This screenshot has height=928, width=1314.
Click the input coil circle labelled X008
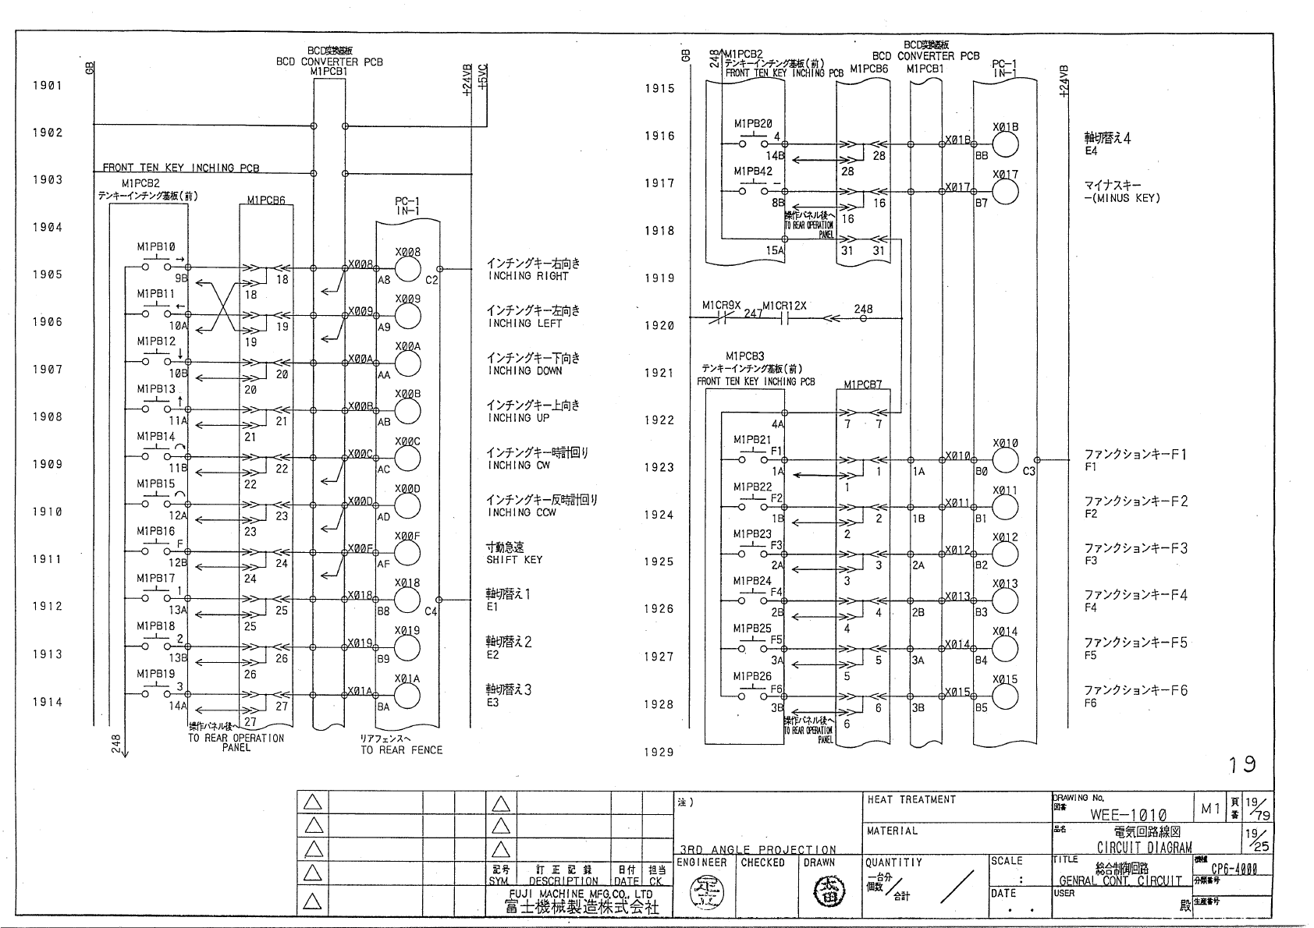407,269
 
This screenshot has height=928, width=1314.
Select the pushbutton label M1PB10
156,247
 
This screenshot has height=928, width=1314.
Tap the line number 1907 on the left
47,370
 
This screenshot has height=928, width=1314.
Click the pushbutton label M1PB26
752,676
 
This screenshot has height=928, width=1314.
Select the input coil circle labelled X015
1005,696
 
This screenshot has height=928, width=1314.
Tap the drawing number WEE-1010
1128,815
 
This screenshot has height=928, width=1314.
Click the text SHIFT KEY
514,560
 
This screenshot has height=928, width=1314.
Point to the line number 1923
659,468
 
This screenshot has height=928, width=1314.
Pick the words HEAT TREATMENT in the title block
911,800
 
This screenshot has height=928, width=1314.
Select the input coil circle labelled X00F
407,554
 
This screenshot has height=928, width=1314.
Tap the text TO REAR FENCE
401,750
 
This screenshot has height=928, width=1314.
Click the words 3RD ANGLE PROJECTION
758,850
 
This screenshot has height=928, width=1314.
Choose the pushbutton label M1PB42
753,172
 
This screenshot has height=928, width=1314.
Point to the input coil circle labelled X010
1005,460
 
